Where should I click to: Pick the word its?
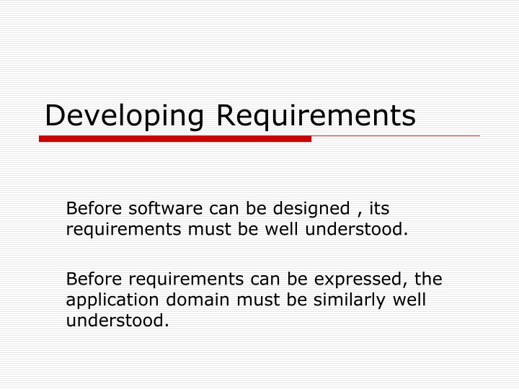379,209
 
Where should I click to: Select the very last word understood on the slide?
117,320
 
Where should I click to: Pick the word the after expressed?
430,279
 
